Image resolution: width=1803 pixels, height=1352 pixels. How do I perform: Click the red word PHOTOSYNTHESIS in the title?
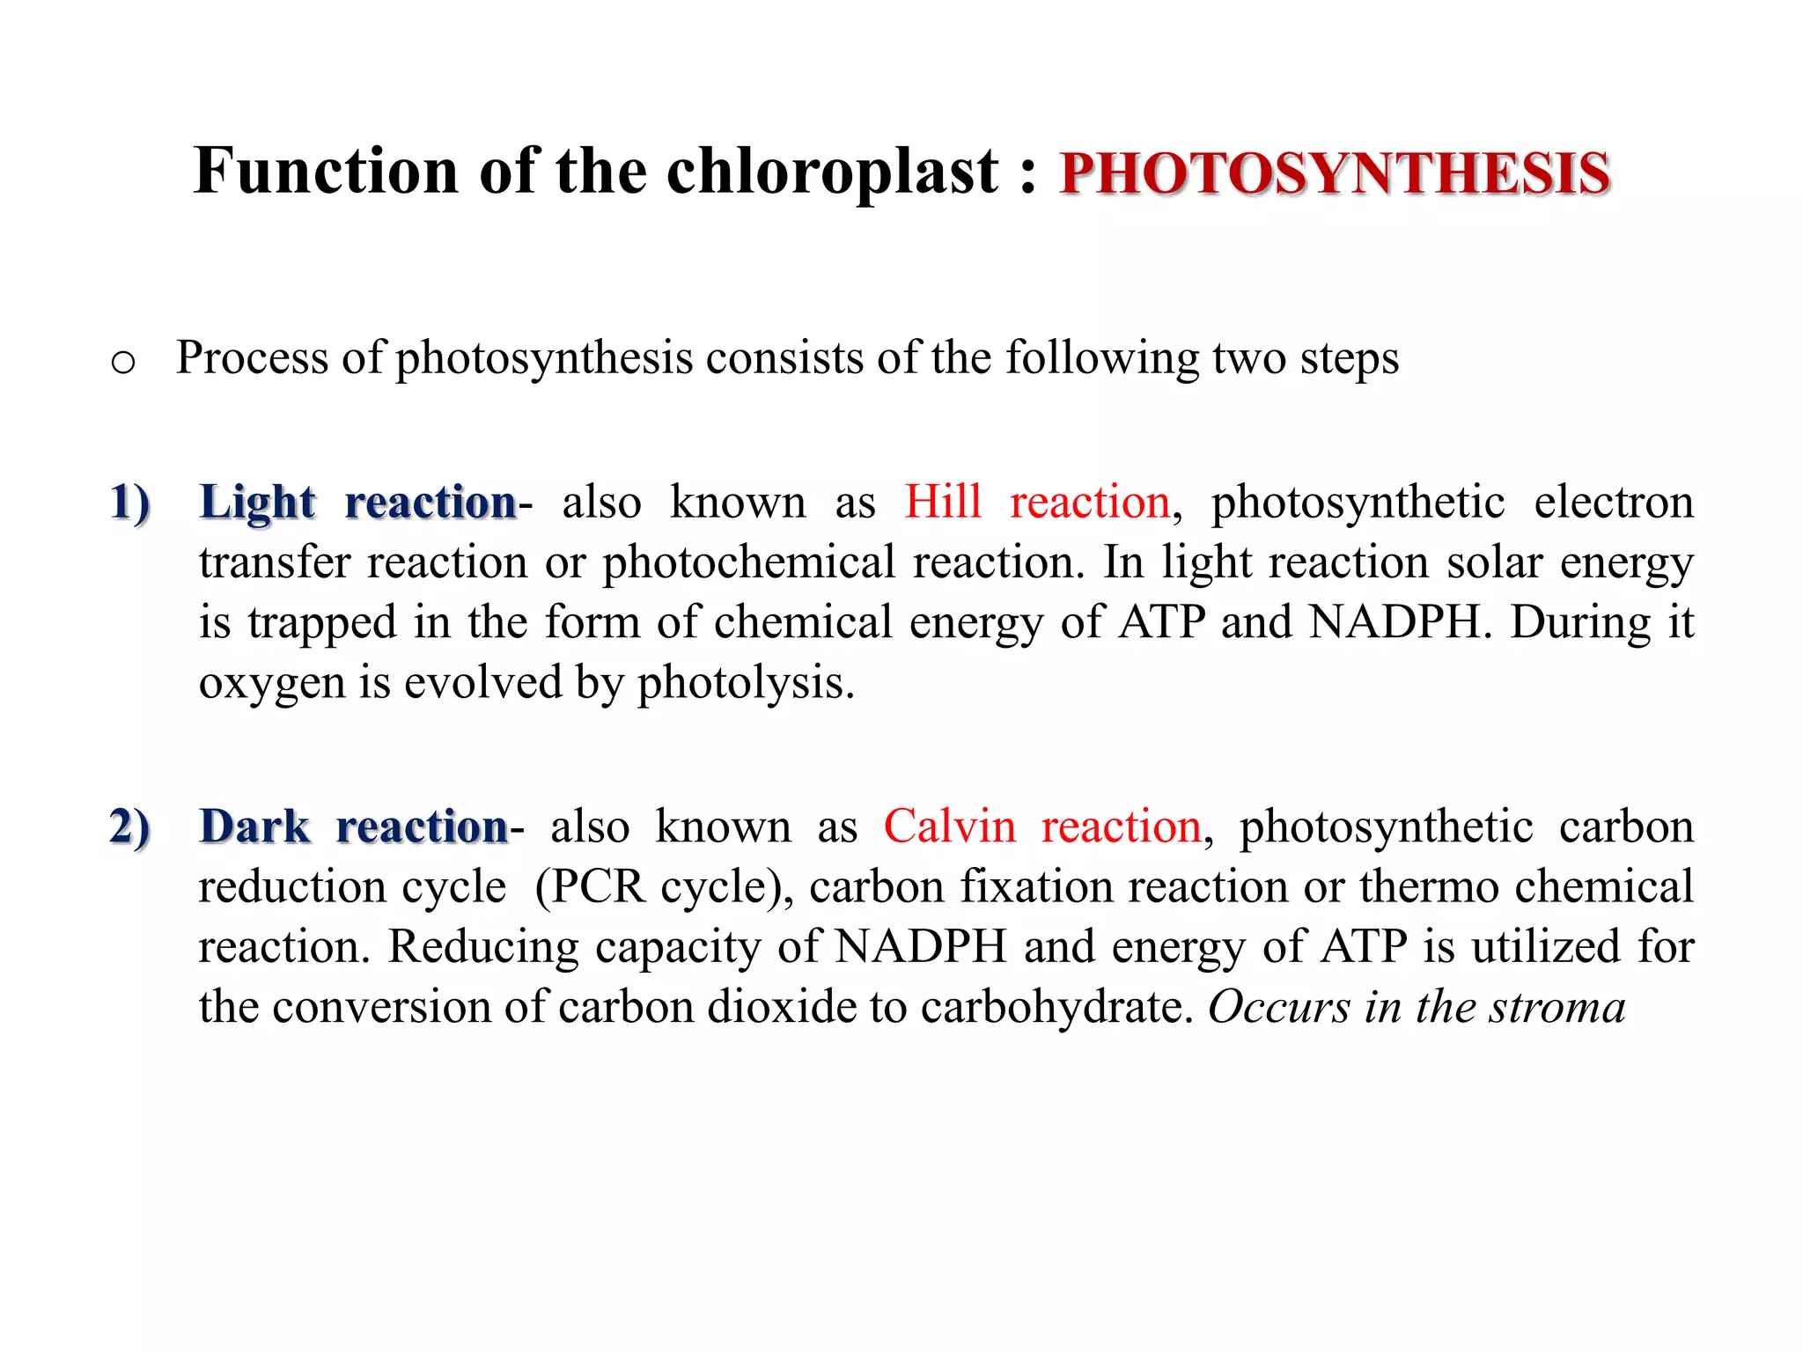click(x=1335, y=173)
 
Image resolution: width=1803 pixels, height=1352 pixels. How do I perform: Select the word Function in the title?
click(x=326, y=170)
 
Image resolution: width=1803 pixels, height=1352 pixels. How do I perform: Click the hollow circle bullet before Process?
click(x=123, y=362)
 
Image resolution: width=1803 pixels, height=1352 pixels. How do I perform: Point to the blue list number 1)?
click(x=130, y=503)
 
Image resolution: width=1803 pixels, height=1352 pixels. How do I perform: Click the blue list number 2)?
click(x=130, y=827)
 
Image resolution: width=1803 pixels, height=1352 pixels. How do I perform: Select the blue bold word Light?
click(x=257, y=503)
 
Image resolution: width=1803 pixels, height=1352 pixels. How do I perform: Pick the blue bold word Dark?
click(x=254, y=827)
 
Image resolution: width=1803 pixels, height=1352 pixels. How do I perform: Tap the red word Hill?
click(x=942, y=502)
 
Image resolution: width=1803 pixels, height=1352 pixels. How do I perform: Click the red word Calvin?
click(x=949, y=827)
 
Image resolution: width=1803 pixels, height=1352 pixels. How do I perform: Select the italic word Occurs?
click(x=1278, y=1007)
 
